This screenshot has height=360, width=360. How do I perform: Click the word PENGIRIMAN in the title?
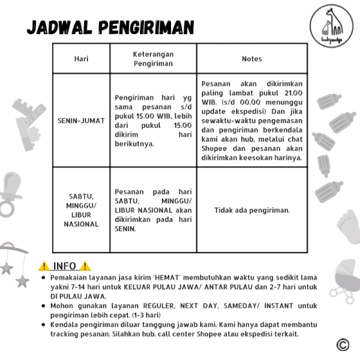[x=147, y=27]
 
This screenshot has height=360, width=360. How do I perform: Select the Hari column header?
[x=81, y=59]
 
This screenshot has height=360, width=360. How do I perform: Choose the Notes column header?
[x=252, y=59]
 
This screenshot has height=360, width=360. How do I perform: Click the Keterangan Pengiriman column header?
[x=153, y=59]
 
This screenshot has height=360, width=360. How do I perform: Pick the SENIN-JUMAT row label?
[x=81, y=121]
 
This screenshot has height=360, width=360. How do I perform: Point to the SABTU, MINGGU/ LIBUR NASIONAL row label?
[x=81, y=210]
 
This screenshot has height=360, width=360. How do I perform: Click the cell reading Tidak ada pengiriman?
[x=252, y=210]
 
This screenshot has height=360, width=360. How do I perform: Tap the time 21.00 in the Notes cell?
[x=292, y=93]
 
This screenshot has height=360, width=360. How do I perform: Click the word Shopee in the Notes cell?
[x=214, y=149]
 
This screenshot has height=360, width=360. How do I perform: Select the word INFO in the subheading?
[x=64, y=266]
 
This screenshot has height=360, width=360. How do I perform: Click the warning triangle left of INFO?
[x=44, y=266]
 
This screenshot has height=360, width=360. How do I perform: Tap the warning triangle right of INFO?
[x=86, y=266]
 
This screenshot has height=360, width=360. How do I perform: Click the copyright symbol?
[x=342, y=345]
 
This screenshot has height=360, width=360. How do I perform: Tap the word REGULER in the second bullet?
[x=159, y=306]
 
